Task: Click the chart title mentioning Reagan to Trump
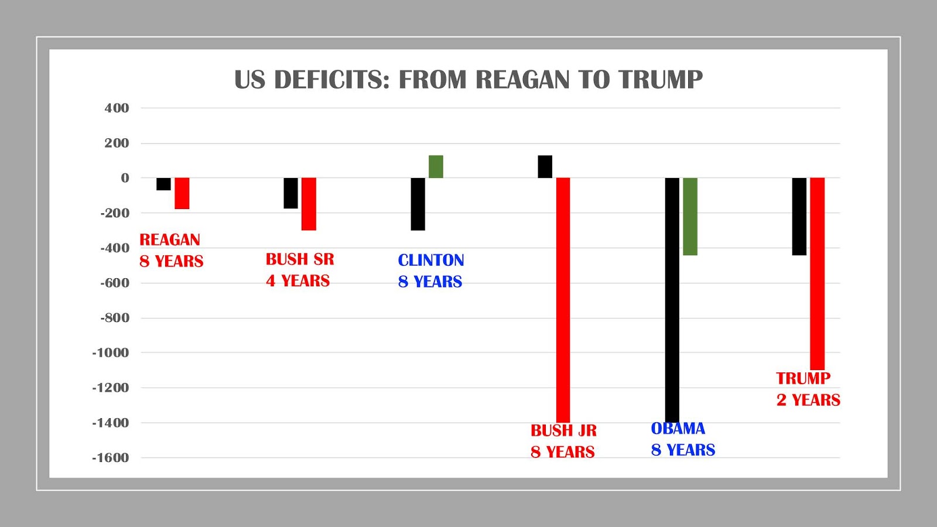[x=468, y=80]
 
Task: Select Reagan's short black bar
[x=163, y=184]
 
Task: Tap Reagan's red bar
[x=182, y=193]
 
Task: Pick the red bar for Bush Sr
[x=309, y=204]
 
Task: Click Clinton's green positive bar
[x=436, y=167]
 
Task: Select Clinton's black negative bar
[x=418, y=204]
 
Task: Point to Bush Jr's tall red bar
[x=563, y=299]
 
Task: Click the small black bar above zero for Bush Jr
[x=545, y=167]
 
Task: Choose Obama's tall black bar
[x=672, y=299]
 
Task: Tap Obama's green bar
[x=690, y=217]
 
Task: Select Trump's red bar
[x=817, y=273]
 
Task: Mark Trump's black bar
[x=799, y=217]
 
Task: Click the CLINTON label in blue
[x=431, y=260]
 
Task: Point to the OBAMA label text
[x=678, y=429]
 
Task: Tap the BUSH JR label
[x=563, y=430]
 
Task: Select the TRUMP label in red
[x=803, y=378]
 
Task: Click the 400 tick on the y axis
[x=117, y=108]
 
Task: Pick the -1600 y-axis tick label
[x=110, y=458]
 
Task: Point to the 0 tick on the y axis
[x=125, y=178]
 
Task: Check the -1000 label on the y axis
[x=110, y=353]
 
